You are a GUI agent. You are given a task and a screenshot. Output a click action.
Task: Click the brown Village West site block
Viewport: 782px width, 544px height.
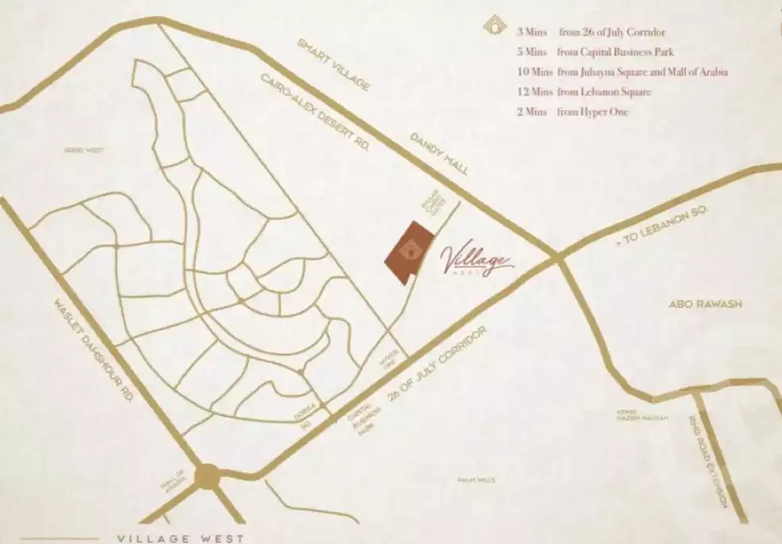tap(409, 253)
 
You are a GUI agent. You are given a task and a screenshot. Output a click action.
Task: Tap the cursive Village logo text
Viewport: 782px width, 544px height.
tap(475, 259)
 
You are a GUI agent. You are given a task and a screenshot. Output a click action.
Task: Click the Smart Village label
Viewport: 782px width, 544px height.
tap(335, 64)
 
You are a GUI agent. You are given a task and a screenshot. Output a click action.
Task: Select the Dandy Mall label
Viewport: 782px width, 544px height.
tap(439, 153)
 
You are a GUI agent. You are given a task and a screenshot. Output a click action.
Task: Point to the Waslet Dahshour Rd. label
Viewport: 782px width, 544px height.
tap(94, 349)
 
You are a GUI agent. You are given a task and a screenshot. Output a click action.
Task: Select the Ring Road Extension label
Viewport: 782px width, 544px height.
tap(710, 461)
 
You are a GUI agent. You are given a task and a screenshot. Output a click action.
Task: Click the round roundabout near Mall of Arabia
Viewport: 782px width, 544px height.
tap(207, 476)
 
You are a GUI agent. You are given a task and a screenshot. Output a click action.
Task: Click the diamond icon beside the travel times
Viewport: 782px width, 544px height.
tap(495, 27)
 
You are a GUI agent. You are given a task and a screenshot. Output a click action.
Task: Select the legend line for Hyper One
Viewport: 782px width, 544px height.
tap(572, 113)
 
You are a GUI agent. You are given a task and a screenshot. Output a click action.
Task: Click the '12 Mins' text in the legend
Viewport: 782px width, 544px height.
tap(531, 93)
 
